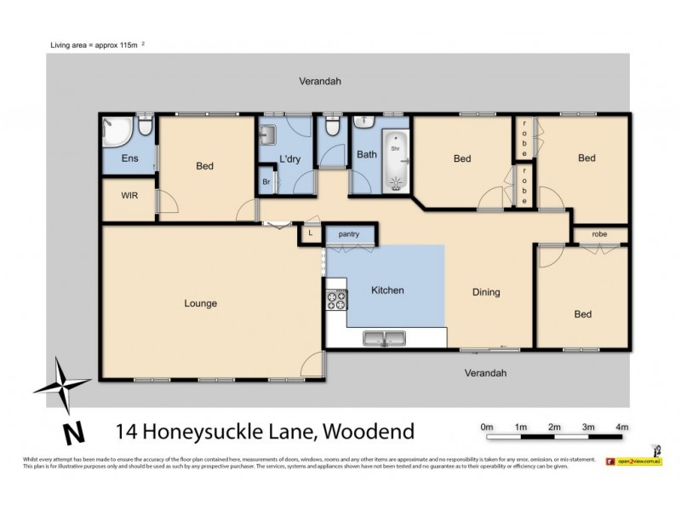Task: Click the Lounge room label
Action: (x=201, y=303)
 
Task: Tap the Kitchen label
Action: (x=387, y=290)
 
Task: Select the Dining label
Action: (x=486, y=292)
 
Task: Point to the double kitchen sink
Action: (x=386, y=339)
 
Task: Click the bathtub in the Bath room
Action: (x=395, y=160)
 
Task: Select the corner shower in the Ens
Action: (x=114, y=132)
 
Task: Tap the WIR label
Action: (x=129, y=195)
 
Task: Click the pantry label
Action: (x=349, y=234)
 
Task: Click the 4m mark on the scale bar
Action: (x=622, y=426)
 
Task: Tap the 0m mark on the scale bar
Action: (x=487, y=426)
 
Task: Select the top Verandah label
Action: (x=319, y=82)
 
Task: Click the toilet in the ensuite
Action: (x=146, y=128)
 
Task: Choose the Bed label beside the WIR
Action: (x=204, y=166)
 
